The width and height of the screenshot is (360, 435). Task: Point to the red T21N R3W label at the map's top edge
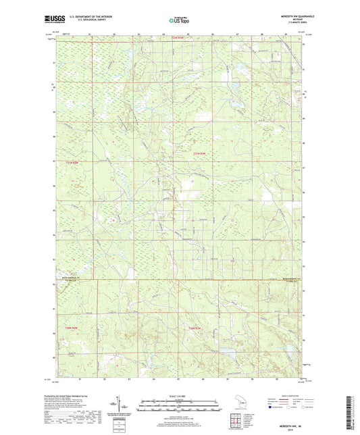pyautogui.click(x=177, y=37)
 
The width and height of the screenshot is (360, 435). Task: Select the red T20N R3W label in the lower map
pyautogui.click(x=195, y=328)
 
